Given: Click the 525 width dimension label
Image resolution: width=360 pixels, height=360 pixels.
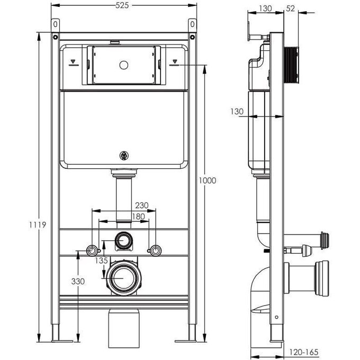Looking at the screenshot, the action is (122, 5).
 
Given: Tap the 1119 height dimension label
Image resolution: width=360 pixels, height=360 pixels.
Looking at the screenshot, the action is (38, 225).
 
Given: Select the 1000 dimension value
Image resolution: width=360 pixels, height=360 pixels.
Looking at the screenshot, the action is (208, 181).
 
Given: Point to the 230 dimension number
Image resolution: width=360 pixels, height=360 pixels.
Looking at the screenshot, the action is (142, 205).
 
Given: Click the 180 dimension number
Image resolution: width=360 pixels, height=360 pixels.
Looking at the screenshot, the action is (138, 217).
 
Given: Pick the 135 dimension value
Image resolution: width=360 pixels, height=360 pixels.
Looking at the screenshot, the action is (101, 260).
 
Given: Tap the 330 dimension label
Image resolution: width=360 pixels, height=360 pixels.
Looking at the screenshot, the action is (78, 281).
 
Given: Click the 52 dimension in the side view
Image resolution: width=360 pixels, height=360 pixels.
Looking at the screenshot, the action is (291, 8).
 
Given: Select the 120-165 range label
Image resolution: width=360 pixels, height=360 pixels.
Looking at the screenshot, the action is (304, 352).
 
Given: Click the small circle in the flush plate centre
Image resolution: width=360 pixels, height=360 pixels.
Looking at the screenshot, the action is (124, 65).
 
